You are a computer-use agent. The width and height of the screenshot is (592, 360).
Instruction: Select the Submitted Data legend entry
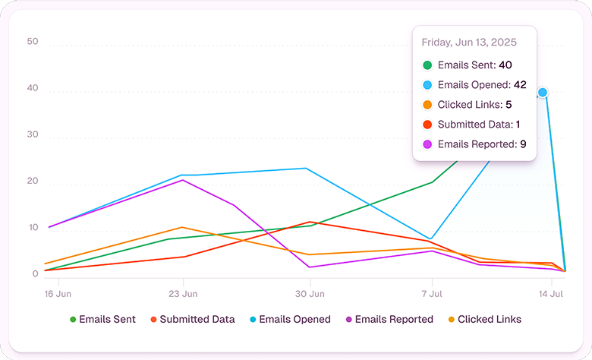[x=192, y=320]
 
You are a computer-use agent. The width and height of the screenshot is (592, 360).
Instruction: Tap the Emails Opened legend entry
[x=289, y=320]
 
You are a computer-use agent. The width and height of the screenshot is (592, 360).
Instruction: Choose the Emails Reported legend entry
[x=388, y=320]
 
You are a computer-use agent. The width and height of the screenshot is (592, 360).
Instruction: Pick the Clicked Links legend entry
[x=483, y=320]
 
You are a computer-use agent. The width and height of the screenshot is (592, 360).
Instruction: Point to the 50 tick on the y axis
[x=32, y=42]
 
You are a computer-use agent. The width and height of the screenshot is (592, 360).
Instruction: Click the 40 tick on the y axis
[x=32, y=89]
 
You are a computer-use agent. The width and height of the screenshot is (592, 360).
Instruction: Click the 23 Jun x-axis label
[x=183, y=292]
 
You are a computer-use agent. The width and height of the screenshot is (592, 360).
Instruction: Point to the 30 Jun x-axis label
[x=309, y=292]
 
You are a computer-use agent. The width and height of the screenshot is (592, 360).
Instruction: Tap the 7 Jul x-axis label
[x=432, y=292]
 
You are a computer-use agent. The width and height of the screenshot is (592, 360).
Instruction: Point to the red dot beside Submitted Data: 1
[x=428, y=125]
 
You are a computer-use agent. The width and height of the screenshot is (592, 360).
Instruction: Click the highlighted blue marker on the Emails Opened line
[x=543, y=92]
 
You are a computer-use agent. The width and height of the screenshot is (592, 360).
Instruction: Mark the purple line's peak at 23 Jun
[x=182, y=180]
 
